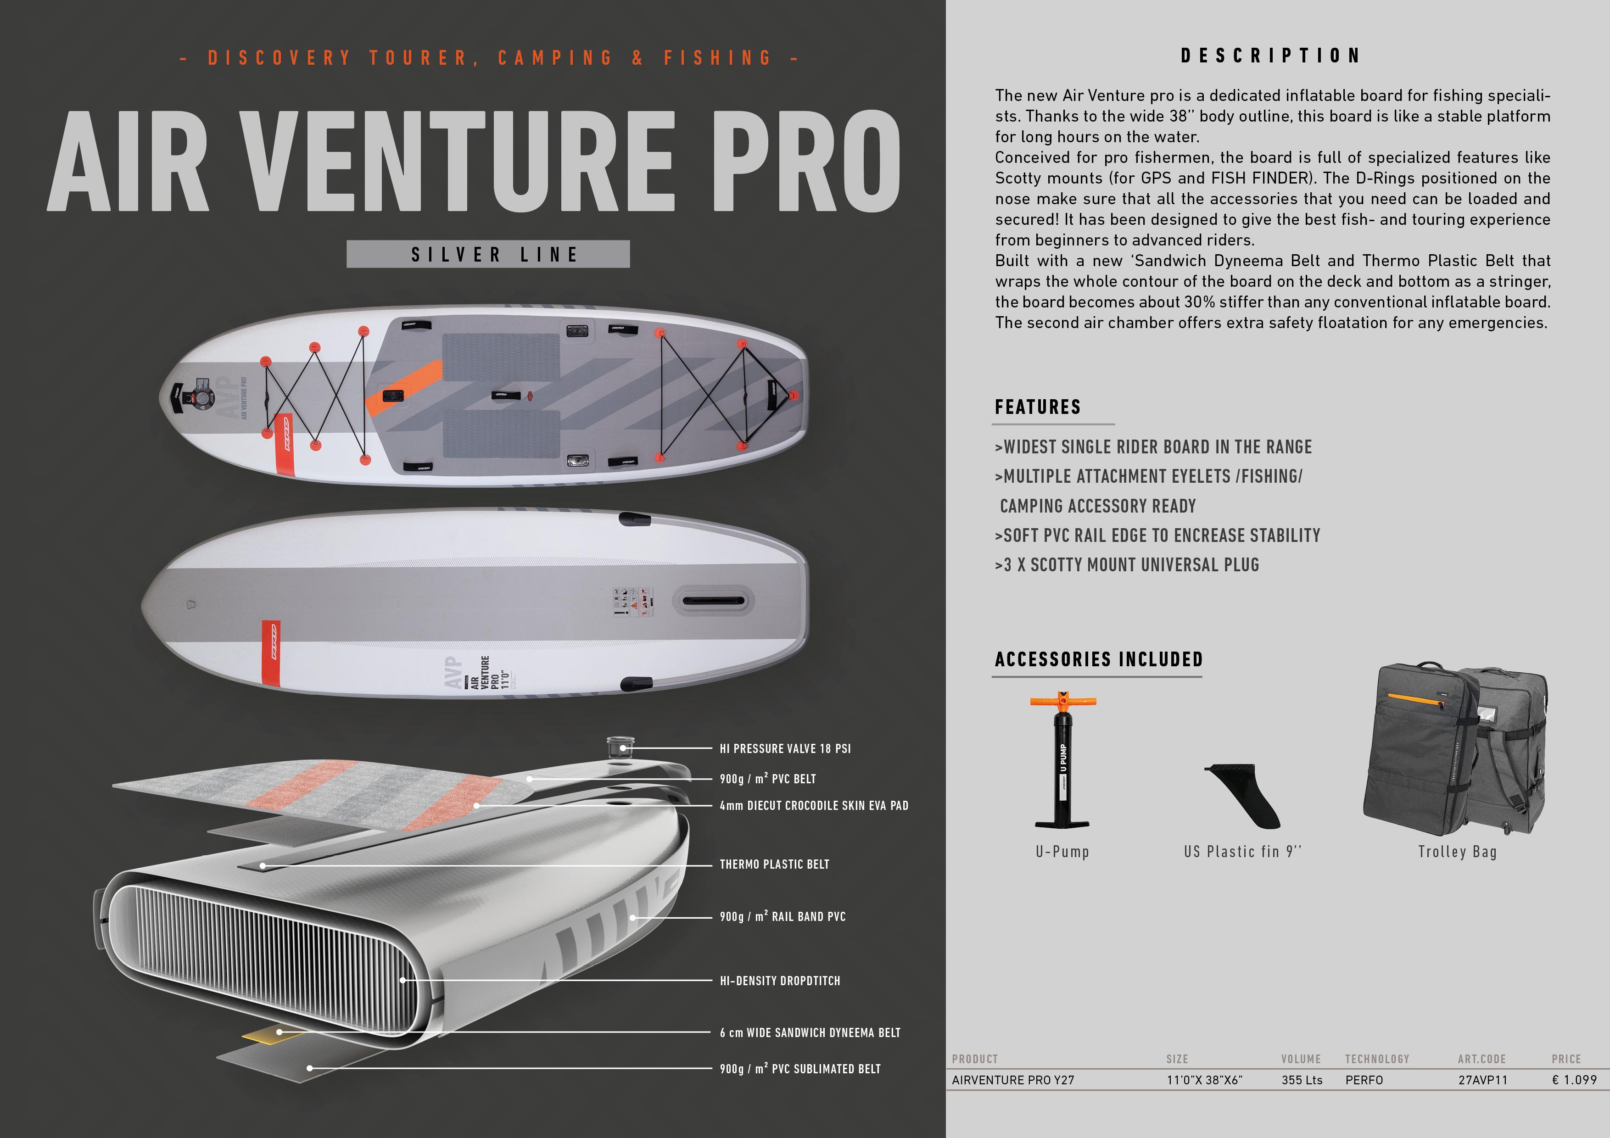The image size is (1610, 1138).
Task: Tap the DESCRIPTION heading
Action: point(1271,56)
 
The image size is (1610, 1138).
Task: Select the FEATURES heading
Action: point(1038,407)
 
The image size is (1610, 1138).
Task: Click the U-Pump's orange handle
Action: point(1062,701)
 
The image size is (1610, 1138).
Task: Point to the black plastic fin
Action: point(1242,796)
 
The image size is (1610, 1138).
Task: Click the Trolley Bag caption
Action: point(1457,852)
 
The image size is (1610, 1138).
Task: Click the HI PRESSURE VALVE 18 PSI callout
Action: point(785,749)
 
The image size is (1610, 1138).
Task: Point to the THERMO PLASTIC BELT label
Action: point(774,865)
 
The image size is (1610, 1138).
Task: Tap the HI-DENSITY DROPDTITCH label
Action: point(780,981)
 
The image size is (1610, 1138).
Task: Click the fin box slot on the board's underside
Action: point(714,602)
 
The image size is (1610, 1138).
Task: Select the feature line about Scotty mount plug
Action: point(1127,565)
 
